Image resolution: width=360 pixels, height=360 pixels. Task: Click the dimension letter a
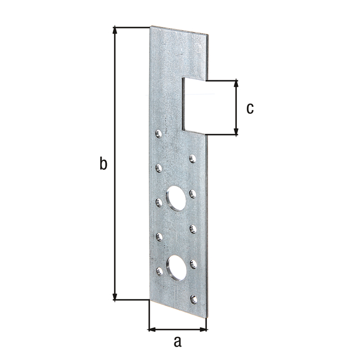pyautogui.click(x=178, y=341)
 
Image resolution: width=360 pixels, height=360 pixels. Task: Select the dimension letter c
pyautogui.click(x=250, y=107)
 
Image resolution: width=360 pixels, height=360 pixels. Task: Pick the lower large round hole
pyautogui.click(x=176, y=267)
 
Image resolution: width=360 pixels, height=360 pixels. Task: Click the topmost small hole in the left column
pyautogui.click(x=158, y=134)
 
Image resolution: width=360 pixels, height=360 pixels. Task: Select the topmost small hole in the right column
pyautogui.click(x=192, y=159)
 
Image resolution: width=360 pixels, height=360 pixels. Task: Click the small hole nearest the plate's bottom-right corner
pyautogui.click(x=193, y=299)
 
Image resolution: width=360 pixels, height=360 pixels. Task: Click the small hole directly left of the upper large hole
pyautogui.click(x=158, y=201)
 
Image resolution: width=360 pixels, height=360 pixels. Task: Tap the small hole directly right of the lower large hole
pyautogui.click(x=193, y=263)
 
